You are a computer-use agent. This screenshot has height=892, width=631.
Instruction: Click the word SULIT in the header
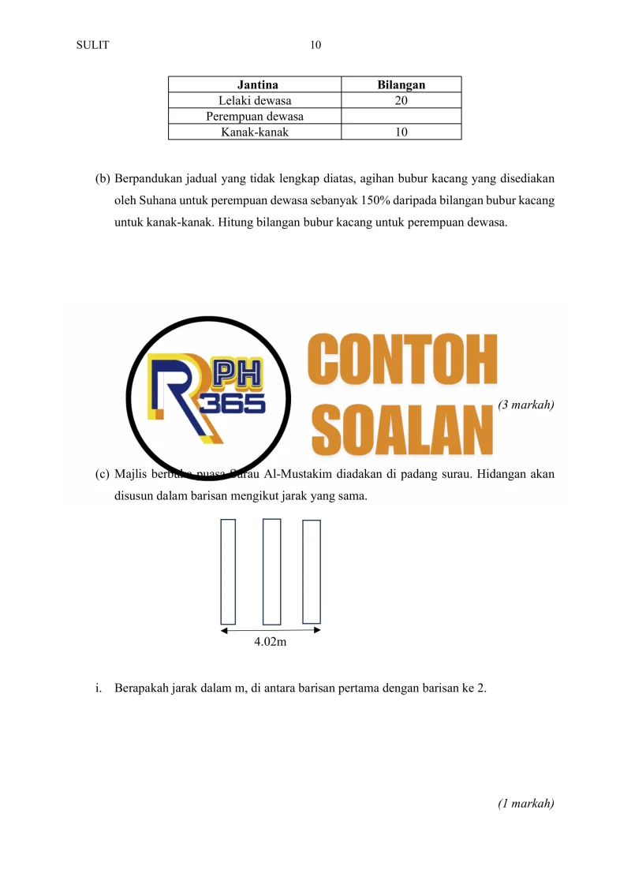coord(92,45)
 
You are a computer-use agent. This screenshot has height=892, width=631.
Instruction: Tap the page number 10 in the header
coord(315,45)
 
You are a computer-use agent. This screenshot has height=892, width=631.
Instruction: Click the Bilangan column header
coord(401,84)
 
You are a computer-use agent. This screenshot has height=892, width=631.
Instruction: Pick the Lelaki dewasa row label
coord(255,100)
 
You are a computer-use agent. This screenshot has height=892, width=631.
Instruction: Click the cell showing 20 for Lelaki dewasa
coord(401,100)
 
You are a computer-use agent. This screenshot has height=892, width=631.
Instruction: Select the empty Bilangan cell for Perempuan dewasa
coord(401,117)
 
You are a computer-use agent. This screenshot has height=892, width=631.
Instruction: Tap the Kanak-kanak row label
coord(255,132)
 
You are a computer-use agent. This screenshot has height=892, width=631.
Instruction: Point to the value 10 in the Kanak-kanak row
coord(401,132)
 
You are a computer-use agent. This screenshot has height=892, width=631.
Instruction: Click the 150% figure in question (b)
coord(367,200)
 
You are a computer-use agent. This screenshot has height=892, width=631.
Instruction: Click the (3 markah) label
coord(526,405)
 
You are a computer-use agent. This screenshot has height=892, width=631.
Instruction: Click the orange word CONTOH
coord(402,357)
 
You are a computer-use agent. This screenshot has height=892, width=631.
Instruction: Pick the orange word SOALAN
coord(402,427)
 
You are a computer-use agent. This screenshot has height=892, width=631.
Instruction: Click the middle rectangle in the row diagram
coord(272,571)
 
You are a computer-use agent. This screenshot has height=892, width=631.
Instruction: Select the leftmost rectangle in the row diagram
coord(228,571)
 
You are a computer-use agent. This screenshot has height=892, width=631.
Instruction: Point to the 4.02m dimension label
coord(270,643)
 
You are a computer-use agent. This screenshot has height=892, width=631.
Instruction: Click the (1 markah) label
coord(526,804)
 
